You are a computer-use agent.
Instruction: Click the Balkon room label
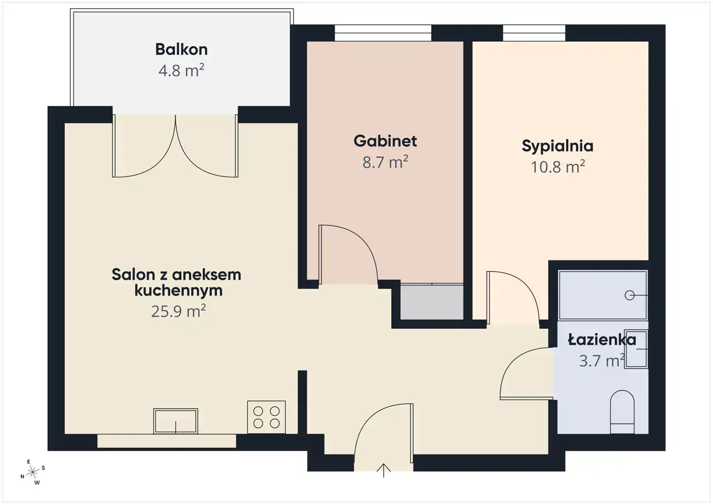182,50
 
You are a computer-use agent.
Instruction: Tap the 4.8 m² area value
182,70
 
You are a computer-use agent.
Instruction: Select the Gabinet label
385,141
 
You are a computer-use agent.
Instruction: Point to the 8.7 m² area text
385,162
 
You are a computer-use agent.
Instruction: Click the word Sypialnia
558,146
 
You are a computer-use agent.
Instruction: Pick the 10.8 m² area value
558,167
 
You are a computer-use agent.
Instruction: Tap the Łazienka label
602,340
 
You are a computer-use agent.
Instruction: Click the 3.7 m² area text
602,361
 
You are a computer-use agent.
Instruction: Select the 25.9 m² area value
178,311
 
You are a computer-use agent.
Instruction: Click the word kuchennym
178,291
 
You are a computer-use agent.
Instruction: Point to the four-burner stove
266,417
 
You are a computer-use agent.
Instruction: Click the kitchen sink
175,421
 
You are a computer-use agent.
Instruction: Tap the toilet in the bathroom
622,412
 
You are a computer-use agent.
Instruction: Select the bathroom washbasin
636,349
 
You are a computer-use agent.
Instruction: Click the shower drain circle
629,296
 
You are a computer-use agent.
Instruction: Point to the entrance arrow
384,470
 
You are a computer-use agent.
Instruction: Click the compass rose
32,472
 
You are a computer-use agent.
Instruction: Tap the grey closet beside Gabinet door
432,302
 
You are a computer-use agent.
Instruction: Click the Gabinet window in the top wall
383,33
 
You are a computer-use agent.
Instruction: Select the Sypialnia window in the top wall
534,33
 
